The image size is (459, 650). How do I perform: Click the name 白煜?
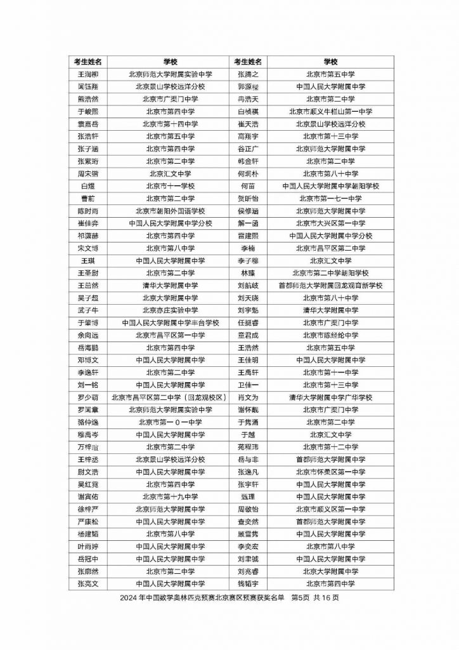coord(88,186)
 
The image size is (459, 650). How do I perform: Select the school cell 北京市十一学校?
coord(170,186)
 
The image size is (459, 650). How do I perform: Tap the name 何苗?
coord(248,186)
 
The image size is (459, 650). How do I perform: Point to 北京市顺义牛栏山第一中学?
coord(330,111)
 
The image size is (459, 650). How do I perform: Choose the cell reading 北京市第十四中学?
coord(170,124)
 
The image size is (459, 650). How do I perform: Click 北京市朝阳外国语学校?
coord(170,211)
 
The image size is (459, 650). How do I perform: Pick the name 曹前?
coord(88,198)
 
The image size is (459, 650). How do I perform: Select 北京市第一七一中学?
coord(330,198)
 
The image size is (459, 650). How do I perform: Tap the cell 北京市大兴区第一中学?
coord(330,223)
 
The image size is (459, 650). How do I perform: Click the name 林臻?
coord(248,273)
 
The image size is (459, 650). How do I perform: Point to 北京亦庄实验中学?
coord(170,310)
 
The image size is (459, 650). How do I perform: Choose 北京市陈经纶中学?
coord(330,335)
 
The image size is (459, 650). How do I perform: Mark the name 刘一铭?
coord(88,385)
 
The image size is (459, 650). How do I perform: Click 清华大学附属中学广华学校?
coord(330,397)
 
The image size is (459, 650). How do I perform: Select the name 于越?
coord(248,435)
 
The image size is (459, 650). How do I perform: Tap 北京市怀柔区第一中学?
coord(330,472)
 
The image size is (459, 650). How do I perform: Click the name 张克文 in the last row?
coord(88,583)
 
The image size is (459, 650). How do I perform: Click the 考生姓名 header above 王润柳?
coord(88,62)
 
